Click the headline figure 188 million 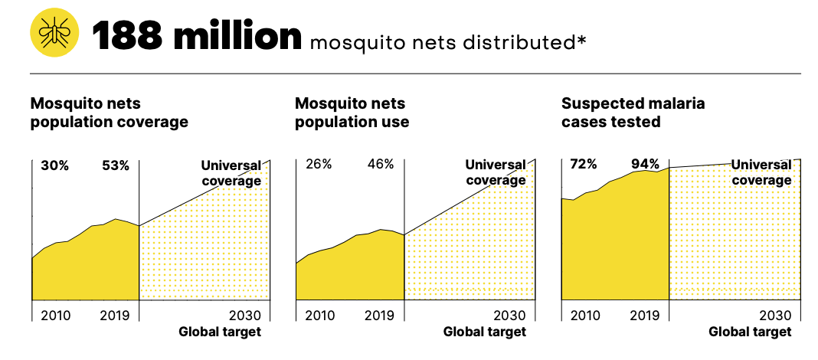coord(197,36)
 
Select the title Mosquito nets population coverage coord(109,113)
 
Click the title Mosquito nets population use coord(352,113)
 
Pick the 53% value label coord(116,165)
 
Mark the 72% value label coord(584,165)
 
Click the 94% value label coord(645,165)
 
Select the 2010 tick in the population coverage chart coord(55,315)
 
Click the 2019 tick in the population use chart coord(379,315)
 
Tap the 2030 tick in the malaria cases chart coord(775,315)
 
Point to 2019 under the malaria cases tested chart coord(645,315)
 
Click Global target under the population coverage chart coord(220,332)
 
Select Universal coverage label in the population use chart coord(496,172)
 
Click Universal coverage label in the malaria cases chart coord(761,172)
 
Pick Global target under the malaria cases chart coord(750,332)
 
